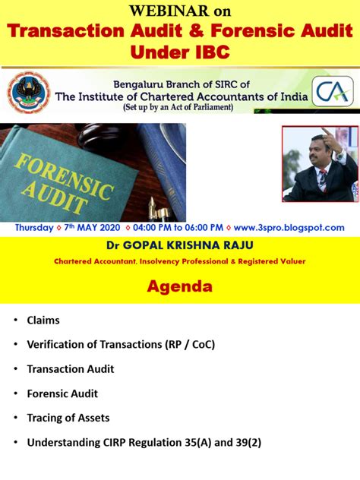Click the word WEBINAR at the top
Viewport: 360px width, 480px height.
[x=159, y=11]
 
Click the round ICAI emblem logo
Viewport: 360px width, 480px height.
[x=29, y=93]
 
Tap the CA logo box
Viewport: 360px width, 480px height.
[x=334, y=93]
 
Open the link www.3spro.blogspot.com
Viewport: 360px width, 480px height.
[x=289, y=228]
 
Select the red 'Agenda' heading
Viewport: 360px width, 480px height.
[x=179, y=286]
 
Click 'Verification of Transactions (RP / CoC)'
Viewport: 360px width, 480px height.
[x=121, y=345]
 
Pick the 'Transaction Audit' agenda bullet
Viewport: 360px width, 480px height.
[x=71, y=369]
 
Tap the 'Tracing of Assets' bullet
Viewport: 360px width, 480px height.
[x=68, y=418]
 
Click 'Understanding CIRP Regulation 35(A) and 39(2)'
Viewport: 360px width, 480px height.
[x=144, y=442]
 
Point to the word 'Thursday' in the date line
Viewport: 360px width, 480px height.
[x=34, y=228]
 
